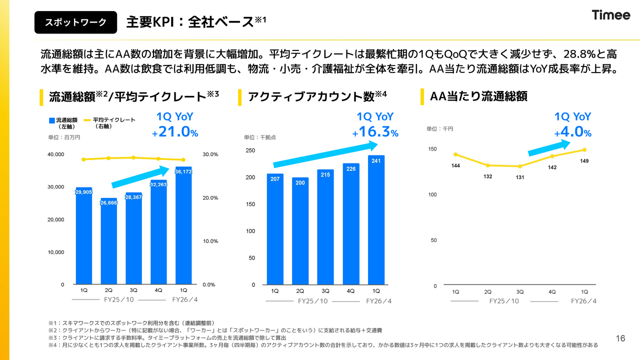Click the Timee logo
[x=611, y=15]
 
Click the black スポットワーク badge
[x=75, y=22]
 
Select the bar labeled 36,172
[x=183, y=225]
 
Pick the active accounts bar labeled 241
[x=376, y=220]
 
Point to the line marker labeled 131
[x=520, y=166]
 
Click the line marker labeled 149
[x=584, y=149]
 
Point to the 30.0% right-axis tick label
[x=210, y=154]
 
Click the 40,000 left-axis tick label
[x=55, y=154]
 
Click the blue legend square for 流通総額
[x=52, y=120]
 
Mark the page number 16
[x=620, y=338]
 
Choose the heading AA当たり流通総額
[x=478, y=96]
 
